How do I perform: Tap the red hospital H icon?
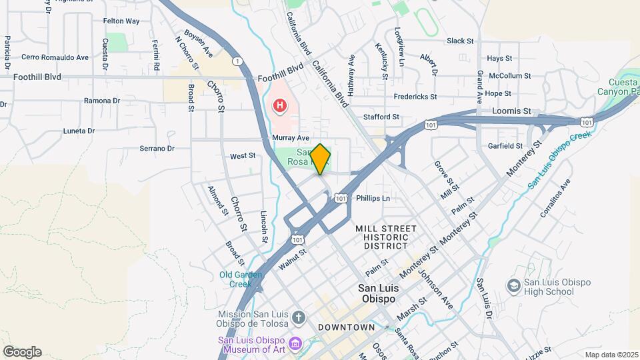[280, 105]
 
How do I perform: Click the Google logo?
[22, 352]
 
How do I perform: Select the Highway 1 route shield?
[237, 61]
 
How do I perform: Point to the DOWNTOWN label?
[346, 327]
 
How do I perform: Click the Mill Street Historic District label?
[385, 237]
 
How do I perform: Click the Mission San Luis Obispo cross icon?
[299, 318]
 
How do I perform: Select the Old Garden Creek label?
[236, 279]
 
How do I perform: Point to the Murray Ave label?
[291, 137]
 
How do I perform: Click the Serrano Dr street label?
[157, 149]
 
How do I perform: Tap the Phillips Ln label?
[373, 198]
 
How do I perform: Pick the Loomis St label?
[512, 111]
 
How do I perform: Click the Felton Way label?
[121, 21]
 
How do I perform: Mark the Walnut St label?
[292, 259]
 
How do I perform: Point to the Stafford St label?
[381, 117]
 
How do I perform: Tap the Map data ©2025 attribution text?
[611, 355]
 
